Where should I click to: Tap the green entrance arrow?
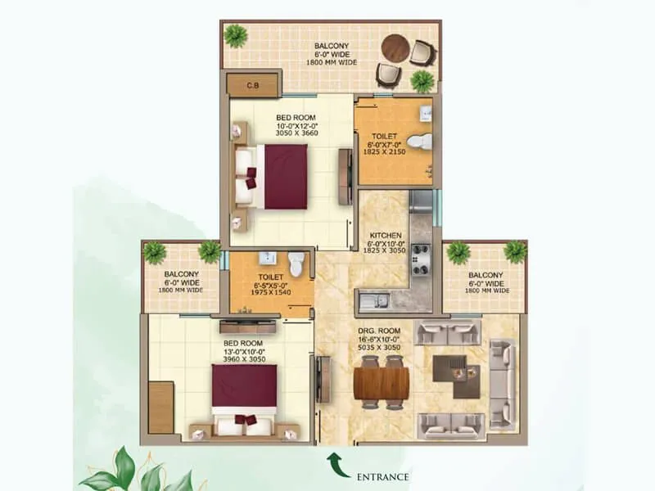coord(336,463)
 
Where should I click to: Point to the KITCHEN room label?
coord(384,235)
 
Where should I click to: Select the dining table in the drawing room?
coord(383,381)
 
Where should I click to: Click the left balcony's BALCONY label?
coord(178,275)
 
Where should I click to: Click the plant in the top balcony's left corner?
coord(236,34)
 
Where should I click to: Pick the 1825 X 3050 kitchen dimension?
coord(384,252)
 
